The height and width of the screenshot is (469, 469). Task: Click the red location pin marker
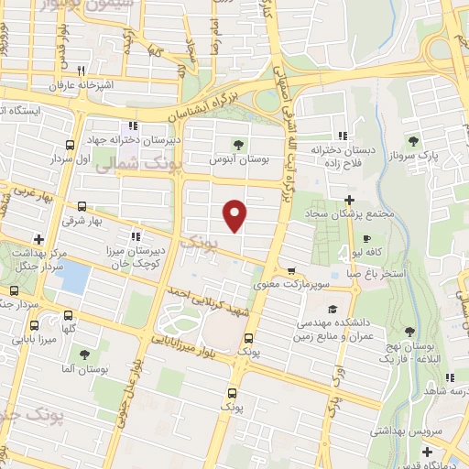[235, 214]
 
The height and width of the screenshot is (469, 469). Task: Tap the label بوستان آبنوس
[239, 158]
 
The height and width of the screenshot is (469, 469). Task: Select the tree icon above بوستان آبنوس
[239, 143]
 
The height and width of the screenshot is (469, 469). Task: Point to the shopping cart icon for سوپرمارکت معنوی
[291, 270]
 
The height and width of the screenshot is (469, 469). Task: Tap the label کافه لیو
[370, 250]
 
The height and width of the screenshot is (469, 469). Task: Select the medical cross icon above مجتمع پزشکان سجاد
[349, 199]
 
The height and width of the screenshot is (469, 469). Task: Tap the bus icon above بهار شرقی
[82, 206]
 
